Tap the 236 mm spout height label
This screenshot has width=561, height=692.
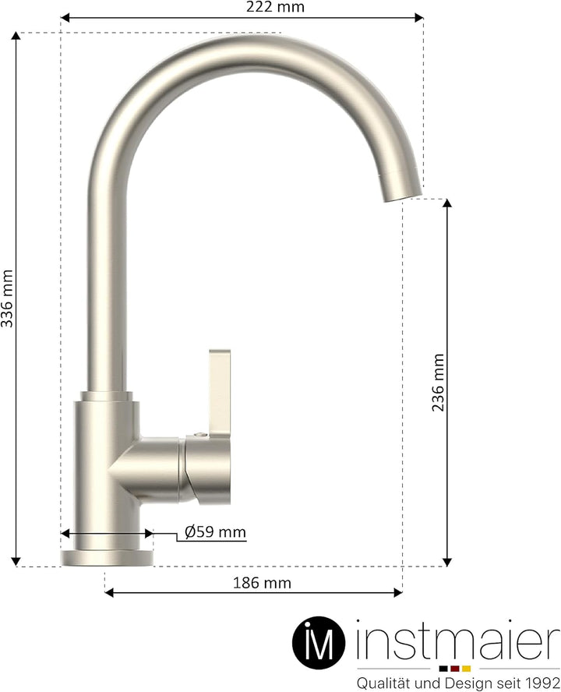pos(439,382)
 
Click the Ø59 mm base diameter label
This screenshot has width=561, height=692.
pos(215,533)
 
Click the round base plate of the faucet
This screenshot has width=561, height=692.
pos(108,556)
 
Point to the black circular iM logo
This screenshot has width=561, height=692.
pos(319,644)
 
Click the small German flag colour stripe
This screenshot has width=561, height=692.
pos(454,669)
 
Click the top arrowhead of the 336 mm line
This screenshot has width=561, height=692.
pos(16,37)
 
